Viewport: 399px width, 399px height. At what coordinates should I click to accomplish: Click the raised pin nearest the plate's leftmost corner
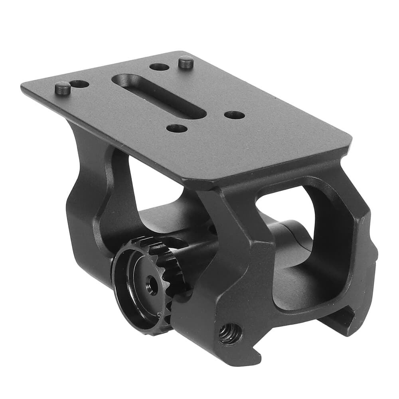(x=63, y=87)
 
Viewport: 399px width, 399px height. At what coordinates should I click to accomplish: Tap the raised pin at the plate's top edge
(x=186, y=62)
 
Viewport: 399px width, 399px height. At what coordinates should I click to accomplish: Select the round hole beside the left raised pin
(x=80, y=84)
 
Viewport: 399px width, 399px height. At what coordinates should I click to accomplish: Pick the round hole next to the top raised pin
(x=160, y=67)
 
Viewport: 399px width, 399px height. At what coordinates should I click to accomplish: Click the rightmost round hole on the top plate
(x=234, y=115)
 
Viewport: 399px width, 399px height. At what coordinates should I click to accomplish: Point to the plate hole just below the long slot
(x=177, y=128)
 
